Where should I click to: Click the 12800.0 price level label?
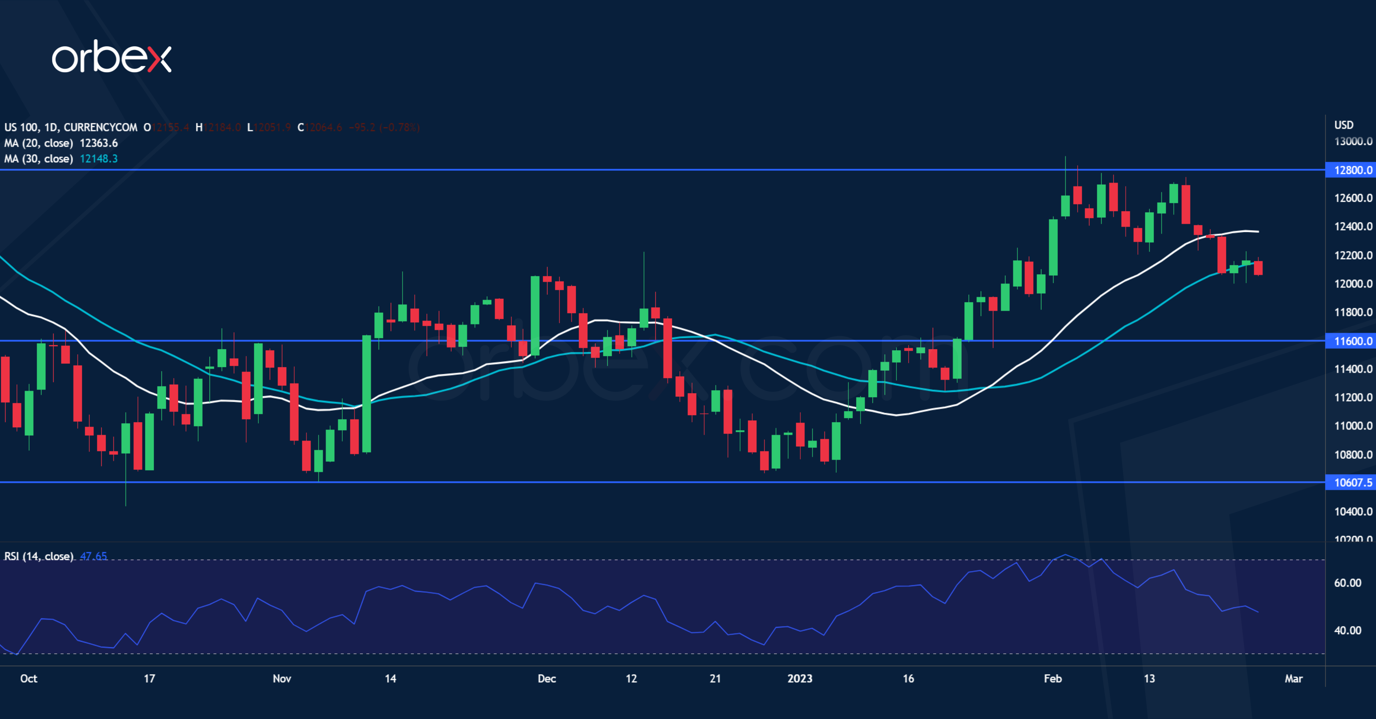tap(1352, 170)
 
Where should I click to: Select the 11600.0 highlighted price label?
tap(1352, 341)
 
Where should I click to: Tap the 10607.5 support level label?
tap(1352, 482)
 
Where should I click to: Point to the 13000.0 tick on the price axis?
tap(1353, 141)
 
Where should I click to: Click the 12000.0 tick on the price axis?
tap(1353, 284)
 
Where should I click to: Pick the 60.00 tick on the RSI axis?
tap(1347, 583)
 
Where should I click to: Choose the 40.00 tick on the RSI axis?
tap(1347, 630)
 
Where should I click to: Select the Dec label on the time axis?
tap(546, 678)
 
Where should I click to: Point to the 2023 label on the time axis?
tap(800, 678)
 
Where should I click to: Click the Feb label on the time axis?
tap(1052, 678)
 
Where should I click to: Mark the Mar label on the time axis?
tap(1293, 678)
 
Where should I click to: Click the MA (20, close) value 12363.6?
tap(98, 143)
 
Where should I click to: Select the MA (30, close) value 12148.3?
tap(98, 159)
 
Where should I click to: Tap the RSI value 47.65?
tap(94, 556)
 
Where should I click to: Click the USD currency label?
tap(1344, 125)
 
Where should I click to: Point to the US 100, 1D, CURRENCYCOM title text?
tap(70, 127)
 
